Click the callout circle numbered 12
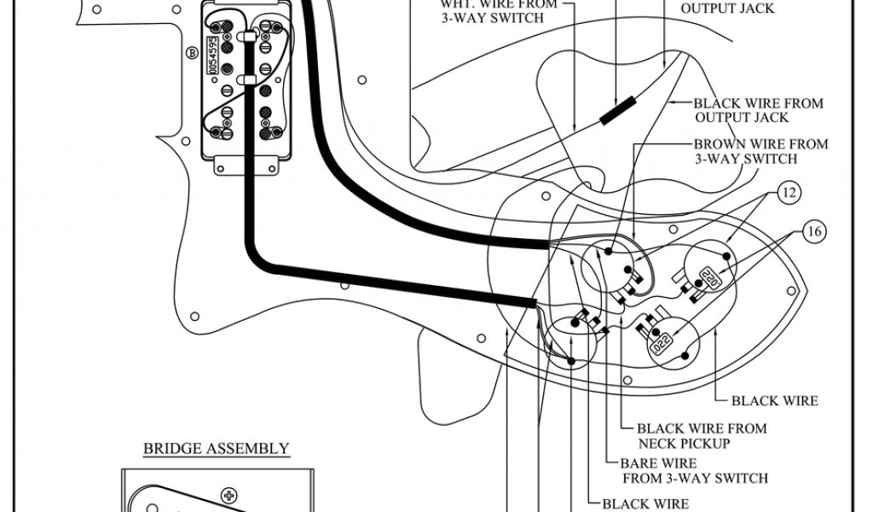tap(789, 193)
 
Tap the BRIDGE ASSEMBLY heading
tap(216, 448)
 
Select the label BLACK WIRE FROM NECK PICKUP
tap(702, 436)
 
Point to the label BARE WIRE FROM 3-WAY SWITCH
tap(695, 470)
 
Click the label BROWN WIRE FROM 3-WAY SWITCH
tap(760, 152)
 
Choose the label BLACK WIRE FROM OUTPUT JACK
tap(758, 110)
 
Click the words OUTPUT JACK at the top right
tap(727, 9)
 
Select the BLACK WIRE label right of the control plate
tap(775, 400)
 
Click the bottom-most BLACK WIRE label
tap(645, 503)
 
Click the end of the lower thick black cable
tap(532, 302)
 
